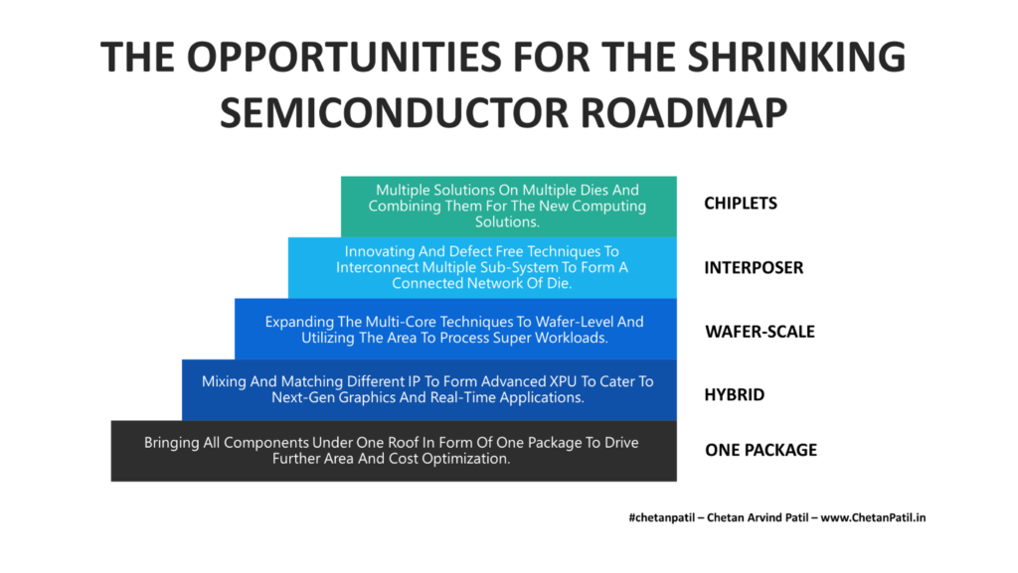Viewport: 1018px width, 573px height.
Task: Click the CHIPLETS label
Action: pyautogui.click(x=741, y=204)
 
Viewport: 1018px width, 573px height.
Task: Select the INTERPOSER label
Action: pyautogui.click(x=754, y=268)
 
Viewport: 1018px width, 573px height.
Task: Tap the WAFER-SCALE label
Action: pyautogui.click(x=760, y=332)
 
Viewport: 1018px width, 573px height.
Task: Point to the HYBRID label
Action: pyautogui.click(x=735, y=394)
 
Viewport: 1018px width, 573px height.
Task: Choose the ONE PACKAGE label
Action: pyautogui.click(x=761, y=450)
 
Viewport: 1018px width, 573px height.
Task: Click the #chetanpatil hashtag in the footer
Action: pyautogui.click(x=660, y=517)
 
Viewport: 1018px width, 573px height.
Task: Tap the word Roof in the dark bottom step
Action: pyautogui.click(x=432, y=443)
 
